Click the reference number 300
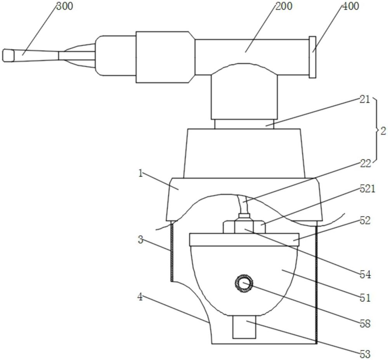[64, 6]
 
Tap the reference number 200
[284, 6]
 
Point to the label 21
[364, 100]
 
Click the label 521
[367, 189]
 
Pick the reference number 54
[365, 274]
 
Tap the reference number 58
[365, 324]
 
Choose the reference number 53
[365, 354]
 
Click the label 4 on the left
[140, 297]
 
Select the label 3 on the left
[140, 239]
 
